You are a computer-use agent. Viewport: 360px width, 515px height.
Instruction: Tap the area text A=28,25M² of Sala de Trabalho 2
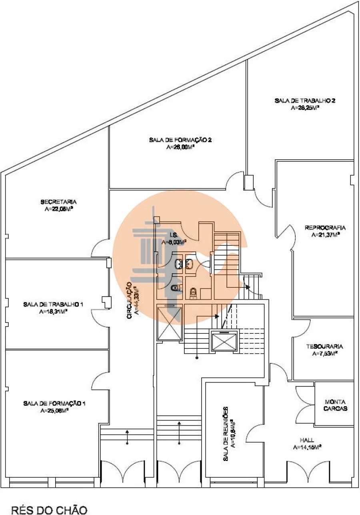tap(304, 108)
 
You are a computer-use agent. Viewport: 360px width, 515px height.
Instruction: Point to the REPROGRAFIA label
tap(325, 228)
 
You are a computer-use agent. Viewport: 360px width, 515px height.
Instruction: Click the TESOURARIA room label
tap(324, 347)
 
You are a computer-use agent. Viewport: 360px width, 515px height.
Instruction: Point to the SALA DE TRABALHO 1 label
tap(53, 305)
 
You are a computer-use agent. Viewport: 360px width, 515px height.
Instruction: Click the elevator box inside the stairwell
tap(224, 342)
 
